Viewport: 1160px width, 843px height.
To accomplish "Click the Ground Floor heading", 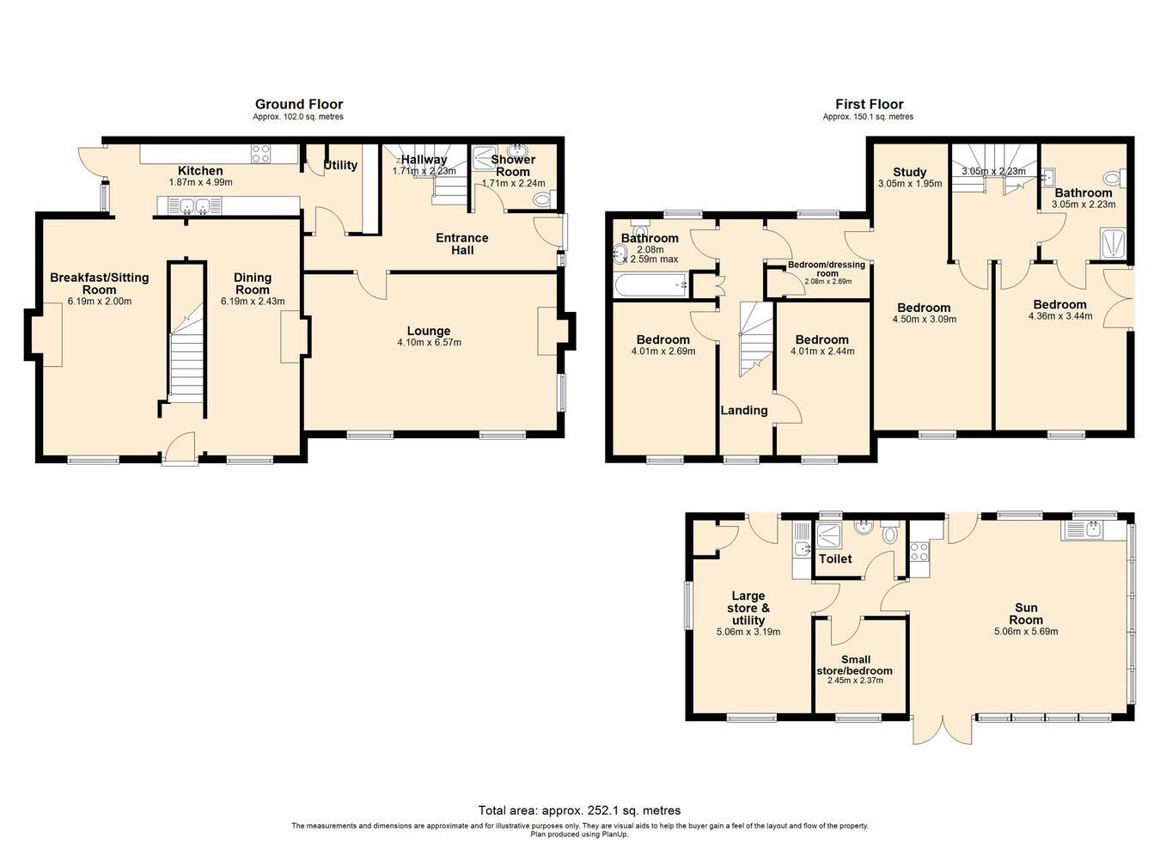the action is click(x=299, y=104).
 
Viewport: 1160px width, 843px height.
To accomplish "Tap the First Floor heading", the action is click(x=869, y=104).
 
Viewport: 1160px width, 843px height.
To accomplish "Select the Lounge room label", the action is click(x=429, y=331).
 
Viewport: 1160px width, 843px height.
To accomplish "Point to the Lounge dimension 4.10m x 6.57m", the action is click(x=429, y=342).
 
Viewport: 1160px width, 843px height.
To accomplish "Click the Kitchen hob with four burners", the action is click(x=260, y=154).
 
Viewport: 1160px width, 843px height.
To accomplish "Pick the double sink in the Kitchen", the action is click(x=194, y=206).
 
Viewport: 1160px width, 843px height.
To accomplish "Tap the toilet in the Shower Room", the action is click(x=543, y=199).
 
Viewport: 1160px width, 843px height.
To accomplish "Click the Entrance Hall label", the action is click(x=462, y=244).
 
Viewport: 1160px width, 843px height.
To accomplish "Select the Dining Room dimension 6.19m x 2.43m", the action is click(x=253, y=302).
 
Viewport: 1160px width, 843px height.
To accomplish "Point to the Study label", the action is click(x=910, y=172).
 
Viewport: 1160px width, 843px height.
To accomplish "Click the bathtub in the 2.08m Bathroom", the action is click(x=650, y=284).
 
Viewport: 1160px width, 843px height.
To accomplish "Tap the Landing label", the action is click(x=744, y=410).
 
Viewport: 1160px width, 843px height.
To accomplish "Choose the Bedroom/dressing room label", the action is click(x=827, y=269).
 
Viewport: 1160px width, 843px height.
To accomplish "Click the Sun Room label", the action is click(x=1026, y=614).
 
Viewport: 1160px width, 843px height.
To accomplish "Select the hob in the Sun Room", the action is click(x=919, y=552).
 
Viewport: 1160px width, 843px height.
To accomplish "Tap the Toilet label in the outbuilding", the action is click(x=835, y=559).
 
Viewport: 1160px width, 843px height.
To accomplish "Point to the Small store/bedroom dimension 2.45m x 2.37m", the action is click(x=855, y=681).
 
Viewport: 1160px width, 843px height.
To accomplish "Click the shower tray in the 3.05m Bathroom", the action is click(x=1113, y=242).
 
